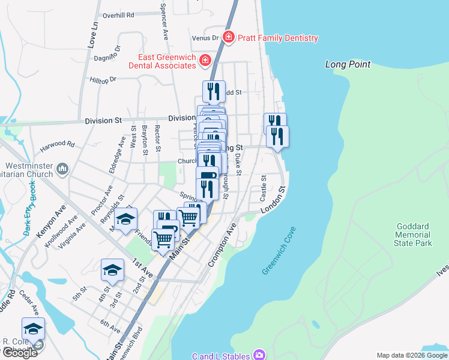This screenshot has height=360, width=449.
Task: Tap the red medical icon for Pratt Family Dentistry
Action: pyautogui.click(x=228, y=38)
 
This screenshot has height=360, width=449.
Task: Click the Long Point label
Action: pyautogui.click(x=348, y=64)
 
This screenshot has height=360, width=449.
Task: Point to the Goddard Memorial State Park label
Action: pyautogui.click(x=413, y=235)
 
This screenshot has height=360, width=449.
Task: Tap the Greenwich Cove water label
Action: pyautogui.click(x=279, y=251)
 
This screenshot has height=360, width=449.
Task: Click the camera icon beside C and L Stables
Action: pyautogui.click(x=259, y=355)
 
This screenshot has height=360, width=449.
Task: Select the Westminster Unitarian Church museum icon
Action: pyautogui.click(x=62, y=170)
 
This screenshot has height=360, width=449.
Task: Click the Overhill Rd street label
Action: pyautogui.click(x=118, y=16)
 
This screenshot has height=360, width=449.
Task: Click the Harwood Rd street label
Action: pyautogui.click(x=57, y=145)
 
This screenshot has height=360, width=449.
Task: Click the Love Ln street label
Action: pyautogui.click(x=92, y=35)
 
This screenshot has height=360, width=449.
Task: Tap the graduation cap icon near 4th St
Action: pyautogui.click(x=112, y=271)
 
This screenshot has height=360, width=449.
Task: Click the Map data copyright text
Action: pyautogui.click(x=411, y=355)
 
